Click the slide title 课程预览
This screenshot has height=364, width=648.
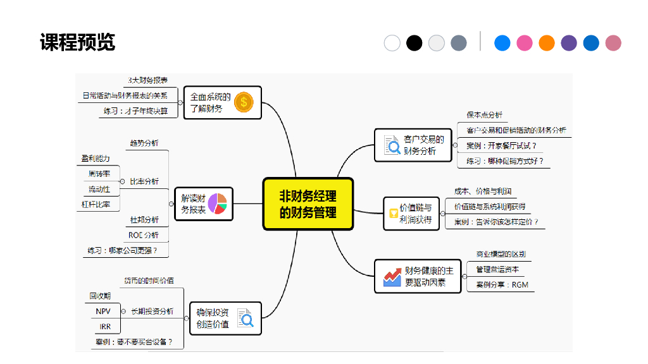coord(77,42)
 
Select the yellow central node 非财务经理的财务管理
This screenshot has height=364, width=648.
coord(308,203)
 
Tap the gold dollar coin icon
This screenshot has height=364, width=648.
coord(244,102)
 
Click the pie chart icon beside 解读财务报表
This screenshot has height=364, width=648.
coord(217,203)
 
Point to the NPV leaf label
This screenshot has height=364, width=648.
coord(103,311)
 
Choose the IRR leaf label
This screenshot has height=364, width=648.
coord(105,327)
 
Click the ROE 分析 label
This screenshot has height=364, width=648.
coord(144,235)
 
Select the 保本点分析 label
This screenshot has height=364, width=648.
coord(485,115)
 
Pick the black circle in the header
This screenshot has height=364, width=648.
coord(414,43)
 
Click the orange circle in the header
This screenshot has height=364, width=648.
coord(547,43)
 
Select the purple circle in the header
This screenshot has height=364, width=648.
coord(569,43)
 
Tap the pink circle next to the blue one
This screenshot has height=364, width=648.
coord(525,43)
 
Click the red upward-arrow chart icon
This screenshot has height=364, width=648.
coord(392,276)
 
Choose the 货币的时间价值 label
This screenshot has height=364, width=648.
coord(149,280)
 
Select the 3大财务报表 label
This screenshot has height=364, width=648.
coord(147,80)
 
